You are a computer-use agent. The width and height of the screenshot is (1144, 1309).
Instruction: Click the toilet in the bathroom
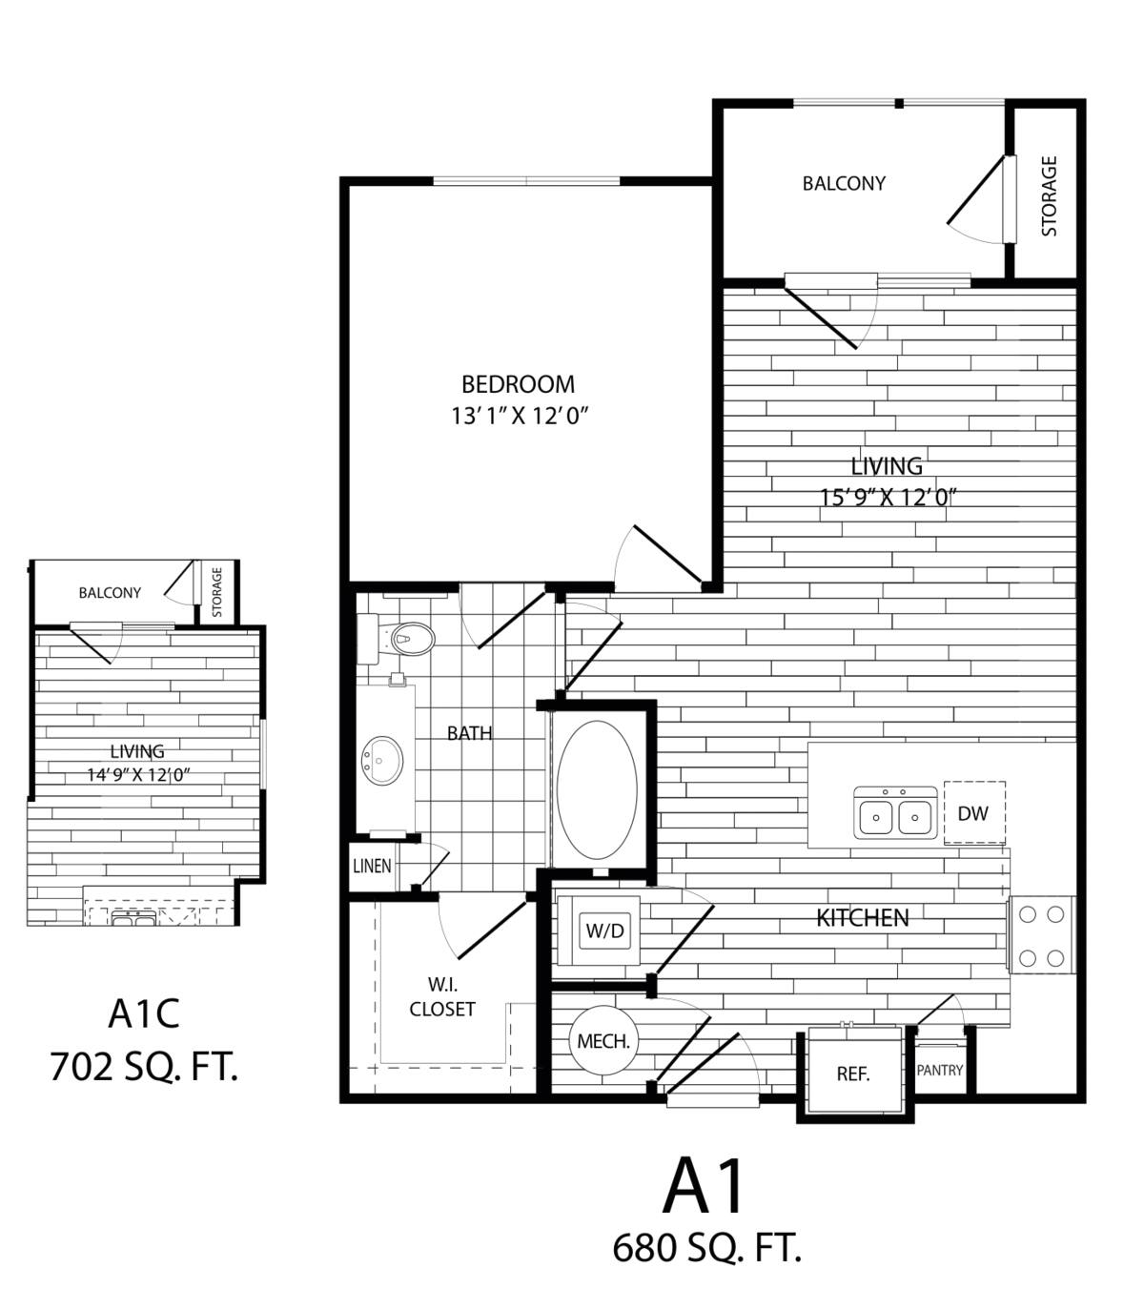pos(404,638)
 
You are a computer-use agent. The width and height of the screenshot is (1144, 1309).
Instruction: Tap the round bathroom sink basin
pos(382,760)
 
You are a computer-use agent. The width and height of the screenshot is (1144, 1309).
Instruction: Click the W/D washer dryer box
pos(605,930)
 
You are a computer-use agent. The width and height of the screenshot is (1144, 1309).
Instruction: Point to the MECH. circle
pos(603,1041)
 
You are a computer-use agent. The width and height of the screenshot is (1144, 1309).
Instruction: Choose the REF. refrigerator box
pos(852,1073)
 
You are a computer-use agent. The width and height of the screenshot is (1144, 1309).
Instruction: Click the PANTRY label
pos(940,1070)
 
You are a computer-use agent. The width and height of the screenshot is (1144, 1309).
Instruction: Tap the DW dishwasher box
pos(973,813)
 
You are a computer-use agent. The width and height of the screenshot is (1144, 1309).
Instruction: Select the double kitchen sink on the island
pos(895,813)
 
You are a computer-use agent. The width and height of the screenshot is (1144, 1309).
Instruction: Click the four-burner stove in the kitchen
pos(1041,935)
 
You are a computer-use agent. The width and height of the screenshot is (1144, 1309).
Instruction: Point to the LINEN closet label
pos(372,867)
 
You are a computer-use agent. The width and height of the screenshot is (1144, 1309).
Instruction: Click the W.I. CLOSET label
pos(441,996)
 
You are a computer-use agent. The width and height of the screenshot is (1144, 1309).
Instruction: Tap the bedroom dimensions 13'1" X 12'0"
pos(518,417)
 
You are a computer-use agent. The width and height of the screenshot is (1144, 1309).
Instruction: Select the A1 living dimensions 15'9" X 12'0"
pos(887,497)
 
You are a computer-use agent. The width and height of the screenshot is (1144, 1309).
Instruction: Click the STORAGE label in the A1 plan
pos(1049,195)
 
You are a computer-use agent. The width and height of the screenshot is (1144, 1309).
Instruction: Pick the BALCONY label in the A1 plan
pos(844,183)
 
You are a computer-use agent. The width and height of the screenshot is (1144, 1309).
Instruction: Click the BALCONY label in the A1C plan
pos(110,593)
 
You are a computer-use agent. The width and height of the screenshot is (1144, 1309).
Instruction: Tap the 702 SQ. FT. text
pos(144,1068)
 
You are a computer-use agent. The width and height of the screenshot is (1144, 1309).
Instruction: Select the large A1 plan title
pos(706,1187)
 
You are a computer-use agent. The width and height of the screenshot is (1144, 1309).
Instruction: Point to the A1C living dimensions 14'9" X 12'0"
pos(139,775)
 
